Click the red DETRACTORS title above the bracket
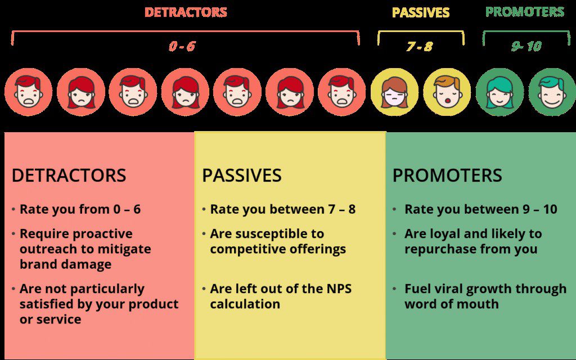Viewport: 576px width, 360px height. [x=186, y=12]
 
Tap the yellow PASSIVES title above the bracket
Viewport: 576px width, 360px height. [x=421, y=12]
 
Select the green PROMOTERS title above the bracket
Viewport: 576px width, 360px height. [x=525, y=12]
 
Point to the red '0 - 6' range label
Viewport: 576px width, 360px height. [x=182, y=46]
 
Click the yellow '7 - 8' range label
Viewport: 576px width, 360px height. [x=420, y=47]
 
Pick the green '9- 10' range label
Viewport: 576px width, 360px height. [x=526, y=46]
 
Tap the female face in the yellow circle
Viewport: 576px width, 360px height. [x=394, y=92]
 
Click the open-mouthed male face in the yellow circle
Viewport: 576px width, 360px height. [x=447, y=92]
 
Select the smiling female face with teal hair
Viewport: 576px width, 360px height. [x=499, y=92]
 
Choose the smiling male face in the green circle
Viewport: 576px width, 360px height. [x=552, y=92]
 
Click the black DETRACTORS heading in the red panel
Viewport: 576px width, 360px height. [x=69, y=175]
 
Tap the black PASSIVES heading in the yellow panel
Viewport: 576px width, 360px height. [x=242, y=175]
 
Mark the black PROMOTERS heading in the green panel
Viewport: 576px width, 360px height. [x=447, y=175]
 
